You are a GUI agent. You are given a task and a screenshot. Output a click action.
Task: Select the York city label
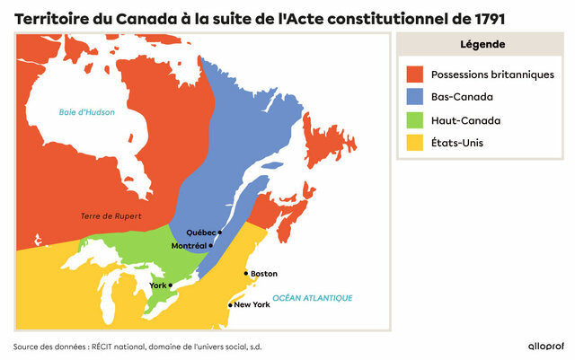[x=157, y=285]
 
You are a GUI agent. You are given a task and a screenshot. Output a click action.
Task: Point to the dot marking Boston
[x=245, y=274]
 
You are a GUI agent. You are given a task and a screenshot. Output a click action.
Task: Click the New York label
[x=252, y=304]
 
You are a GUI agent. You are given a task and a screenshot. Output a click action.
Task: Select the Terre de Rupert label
[x=111, y=215]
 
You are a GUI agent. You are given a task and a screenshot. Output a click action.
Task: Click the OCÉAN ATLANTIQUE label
[x=312, y=298]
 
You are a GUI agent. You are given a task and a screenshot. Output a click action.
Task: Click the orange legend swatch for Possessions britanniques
[x=414, y=74]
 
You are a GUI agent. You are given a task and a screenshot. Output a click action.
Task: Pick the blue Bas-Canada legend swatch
[x=414, y=97]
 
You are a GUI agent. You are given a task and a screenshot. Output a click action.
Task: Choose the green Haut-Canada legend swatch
[x=414, y=119]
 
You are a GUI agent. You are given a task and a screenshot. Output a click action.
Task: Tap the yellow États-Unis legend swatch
[x=414, y=142]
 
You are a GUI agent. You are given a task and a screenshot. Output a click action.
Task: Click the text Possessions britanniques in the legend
[x=492, y=74]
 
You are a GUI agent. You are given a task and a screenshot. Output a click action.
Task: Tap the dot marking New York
[x=230, y=305]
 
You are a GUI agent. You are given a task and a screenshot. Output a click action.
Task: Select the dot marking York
[x=171, y=285]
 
